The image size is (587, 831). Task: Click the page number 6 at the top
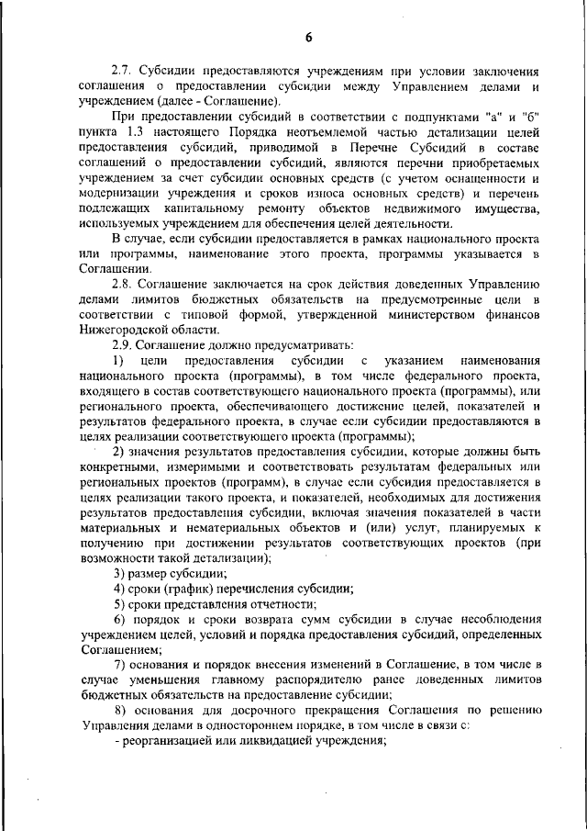[309, 37]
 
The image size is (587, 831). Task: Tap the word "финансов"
[506, 314]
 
